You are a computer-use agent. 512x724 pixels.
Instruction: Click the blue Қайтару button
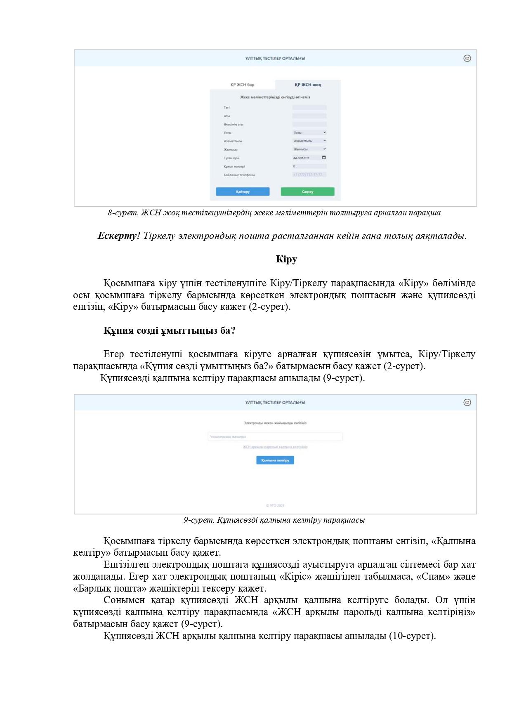pyautogui.click(x=243, y=192)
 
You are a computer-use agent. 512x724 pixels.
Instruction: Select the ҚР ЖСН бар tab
pyautogui.click(x=242, y=85)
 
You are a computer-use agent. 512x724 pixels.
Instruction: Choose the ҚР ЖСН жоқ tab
pyautogui.click(x=308, y=85)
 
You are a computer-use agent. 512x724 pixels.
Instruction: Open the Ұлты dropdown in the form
pyautogui.click(x=309, y=132)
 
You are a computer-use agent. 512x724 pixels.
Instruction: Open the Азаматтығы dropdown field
pyautogui.click(x=309, y=141)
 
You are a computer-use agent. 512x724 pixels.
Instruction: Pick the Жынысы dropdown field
pyautogui.click(x=309, y=149)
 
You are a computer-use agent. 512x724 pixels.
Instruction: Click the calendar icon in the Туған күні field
pyautogui.click(x=324, y=157)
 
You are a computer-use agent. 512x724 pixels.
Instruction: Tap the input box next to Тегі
pyautogui.click(x=309, y=107)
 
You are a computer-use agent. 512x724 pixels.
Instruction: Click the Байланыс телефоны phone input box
pyautogui.click(x=309, y=175)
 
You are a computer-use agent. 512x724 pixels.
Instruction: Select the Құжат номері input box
pyautogui.click(x=309, y=166)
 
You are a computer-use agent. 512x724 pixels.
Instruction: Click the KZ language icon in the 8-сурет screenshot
pyautogui.click(x=467, y=58)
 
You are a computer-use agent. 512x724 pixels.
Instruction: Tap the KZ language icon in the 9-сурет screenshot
pyautogui.click(x=467, y=402)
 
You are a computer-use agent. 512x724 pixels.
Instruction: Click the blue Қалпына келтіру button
pyautogui.click(x=275, y=460)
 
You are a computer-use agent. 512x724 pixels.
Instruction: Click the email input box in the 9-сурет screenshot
pyautogui.click(x=275, y=436)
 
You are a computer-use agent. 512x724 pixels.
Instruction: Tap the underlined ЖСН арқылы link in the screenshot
pyautogui.click(x=275, y=447)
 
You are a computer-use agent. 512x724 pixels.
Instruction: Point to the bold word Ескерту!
pyautogui.click(x=119, y=236)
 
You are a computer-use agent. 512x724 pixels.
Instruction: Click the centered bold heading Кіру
pyautogui.click(x=286, y=259)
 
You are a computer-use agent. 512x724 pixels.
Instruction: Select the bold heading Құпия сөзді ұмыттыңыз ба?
pyautogui.click(x=169, y=331)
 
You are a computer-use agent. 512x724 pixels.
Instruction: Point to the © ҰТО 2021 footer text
pyautogui.click(x=275, y=505)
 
